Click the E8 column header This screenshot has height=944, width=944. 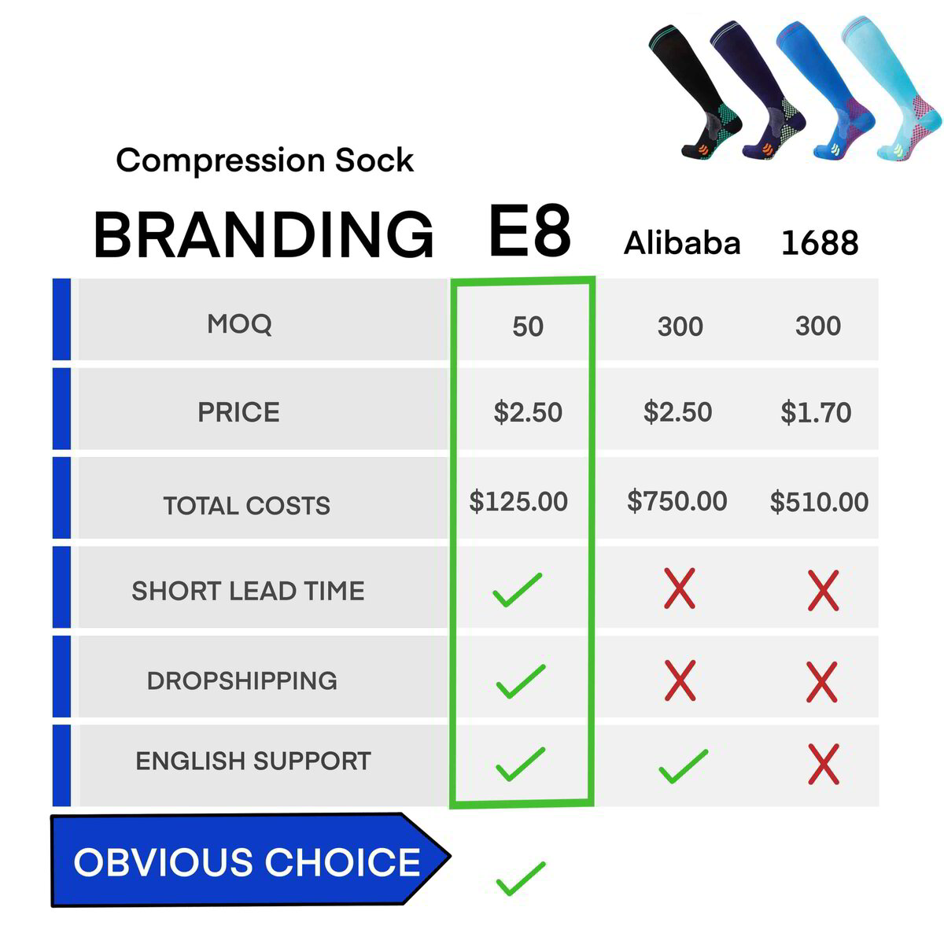pos(529,231)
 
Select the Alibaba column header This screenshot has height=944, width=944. pos(682,243)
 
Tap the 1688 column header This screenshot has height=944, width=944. pos(819,243)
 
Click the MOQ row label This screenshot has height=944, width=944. pos(239,323)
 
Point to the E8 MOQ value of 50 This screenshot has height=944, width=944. pos(527,326)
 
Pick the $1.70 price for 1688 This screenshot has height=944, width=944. pos(816,412)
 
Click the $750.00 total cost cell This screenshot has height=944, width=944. pos(677,501)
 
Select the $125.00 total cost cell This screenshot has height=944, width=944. pos(518,501)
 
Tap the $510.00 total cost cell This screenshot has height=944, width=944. pos(819,502)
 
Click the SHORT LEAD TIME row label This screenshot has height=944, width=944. pos(248,591)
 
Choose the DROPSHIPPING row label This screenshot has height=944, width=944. pos(242,680)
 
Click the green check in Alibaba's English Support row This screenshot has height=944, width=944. pos(682,766)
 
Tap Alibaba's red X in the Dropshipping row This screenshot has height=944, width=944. pos(680,680)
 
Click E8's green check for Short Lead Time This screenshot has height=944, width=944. pos(517,590)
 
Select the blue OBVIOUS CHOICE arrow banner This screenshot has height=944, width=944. pos(248,861)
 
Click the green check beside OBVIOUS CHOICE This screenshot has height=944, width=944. pos(520,878)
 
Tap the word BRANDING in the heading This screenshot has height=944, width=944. pos(264,234)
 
